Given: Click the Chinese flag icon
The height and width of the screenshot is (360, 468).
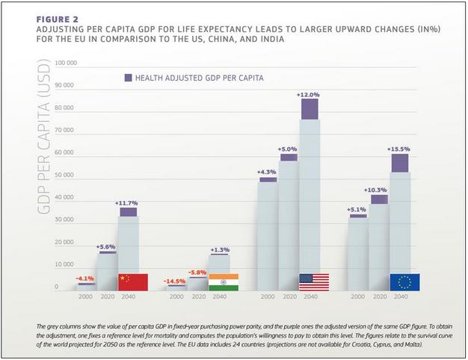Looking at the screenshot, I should tap(133, 282).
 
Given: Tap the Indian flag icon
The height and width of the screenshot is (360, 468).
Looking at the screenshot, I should tap(224, 282).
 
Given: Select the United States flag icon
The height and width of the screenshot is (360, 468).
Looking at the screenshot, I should tap(314, 282).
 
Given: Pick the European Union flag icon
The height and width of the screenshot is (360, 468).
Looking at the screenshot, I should tap(404, 282).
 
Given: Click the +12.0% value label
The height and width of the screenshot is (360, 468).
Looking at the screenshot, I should tap(308, 95).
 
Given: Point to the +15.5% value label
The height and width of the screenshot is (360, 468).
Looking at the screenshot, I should tap(399, 149).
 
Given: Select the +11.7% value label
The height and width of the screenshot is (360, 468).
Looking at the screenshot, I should tap(127, 202).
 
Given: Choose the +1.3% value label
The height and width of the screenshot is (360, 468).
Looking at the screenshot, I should tap(219, 249).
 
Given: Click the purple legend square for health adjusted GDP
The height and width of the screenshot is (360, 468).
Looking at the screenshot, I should tap(128, 77).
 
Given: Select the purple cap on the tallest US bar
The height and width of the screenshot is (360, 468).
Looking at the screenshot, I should tap(309, 109).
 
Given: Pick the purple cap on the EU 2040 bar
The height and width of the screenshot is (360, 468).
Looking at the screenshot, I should tap(400, 163).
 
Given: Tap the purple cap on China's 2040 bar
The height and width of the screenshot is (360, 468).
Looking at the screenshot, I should tap(128, 212).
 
